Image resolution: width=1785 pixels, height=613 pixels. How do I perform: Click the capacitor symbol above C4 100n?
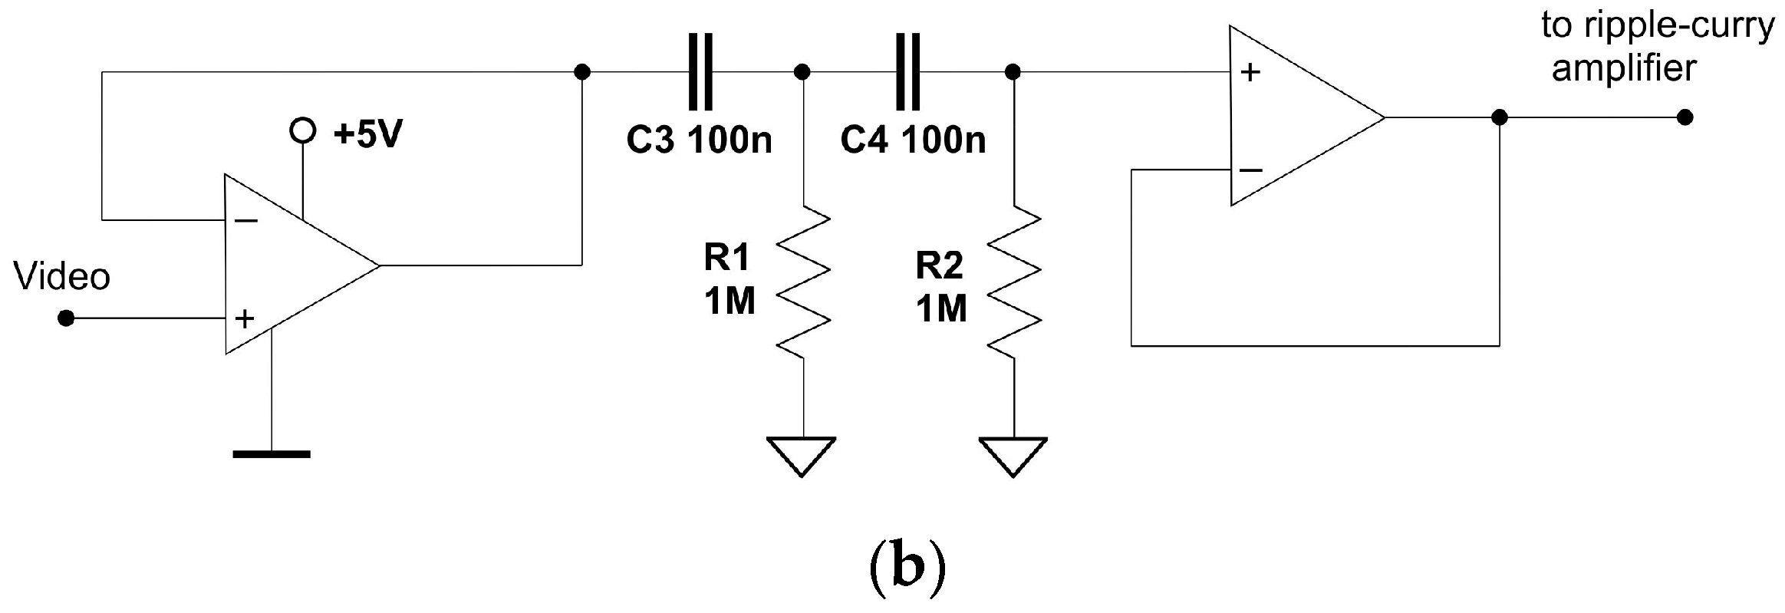(907, 72)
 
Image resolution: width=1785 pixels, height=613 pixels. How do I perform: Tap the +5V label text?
(368, 135)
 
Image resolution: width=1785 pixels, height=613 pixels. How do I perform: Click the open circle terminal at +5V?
(302, 131)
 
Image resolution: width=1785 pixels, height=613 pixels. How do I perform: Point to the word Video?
(62, 276)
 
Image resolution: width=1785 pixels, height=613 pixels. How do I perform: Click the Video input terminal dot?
(67, 318)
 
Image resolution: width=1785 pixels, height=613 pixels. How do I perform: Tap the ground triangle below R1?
(802, 454)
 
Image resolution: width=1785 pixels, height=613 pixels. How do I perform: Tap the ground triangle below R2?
(1013, 454)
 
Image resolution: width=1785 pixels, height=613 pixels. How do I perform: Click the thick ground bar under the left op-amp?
(272, 454)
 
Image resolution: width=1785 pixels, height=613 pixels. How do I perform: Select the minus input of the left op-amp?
(246, 221)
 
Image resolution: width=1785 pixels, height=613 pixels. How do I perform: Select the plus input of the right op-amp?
(1250, 73)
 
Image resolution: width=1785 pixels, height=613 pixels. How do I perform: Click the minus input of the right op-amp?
(1250, 170)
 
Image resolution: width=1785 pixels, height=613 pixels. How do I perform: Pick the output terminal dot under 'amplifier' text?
(1685, 117)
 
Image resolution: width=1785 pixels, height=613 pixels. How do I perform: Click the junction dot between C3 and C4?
(802, 72)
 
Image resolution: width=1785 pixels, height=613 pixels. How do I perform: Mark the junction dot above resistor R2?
(1013, 72)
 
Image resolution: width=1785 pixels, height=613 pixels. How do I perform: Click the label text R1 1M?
(729, 280)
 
